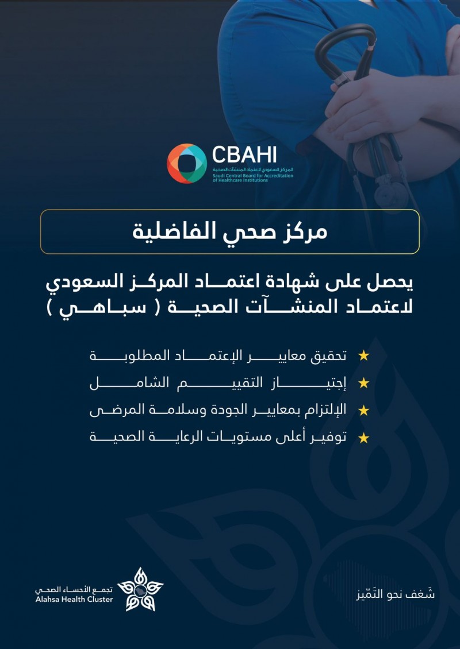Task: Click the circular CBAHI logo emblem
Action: [x=186, y=164]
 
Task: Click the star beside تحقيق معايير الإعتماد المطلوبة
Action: [x=363, y=356]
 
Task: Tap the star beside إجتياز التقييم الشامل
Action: [x=363, y=383]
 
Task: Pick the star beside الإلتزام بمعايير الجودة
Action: [x=363, y=411]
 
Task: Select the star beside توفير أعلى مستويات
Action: [x=363, y=438]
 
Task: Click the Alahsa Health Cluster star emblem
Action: [x=140, y=589]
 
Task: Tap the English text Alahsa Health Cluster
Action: [x=74, y=600]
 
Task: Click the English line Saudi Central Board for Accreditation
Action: [x=252, y=175]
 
